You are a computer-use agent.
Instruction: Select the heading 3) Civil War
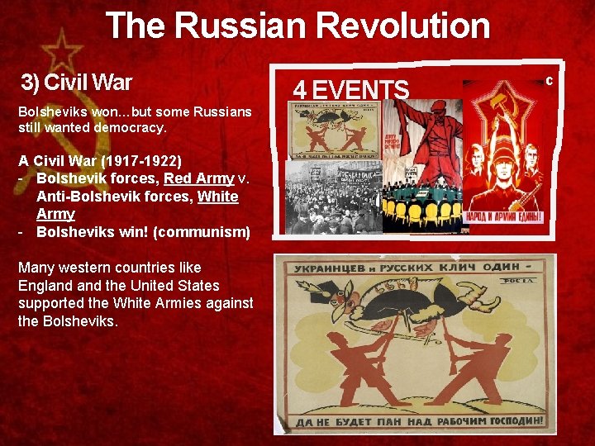pos(77,83)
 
